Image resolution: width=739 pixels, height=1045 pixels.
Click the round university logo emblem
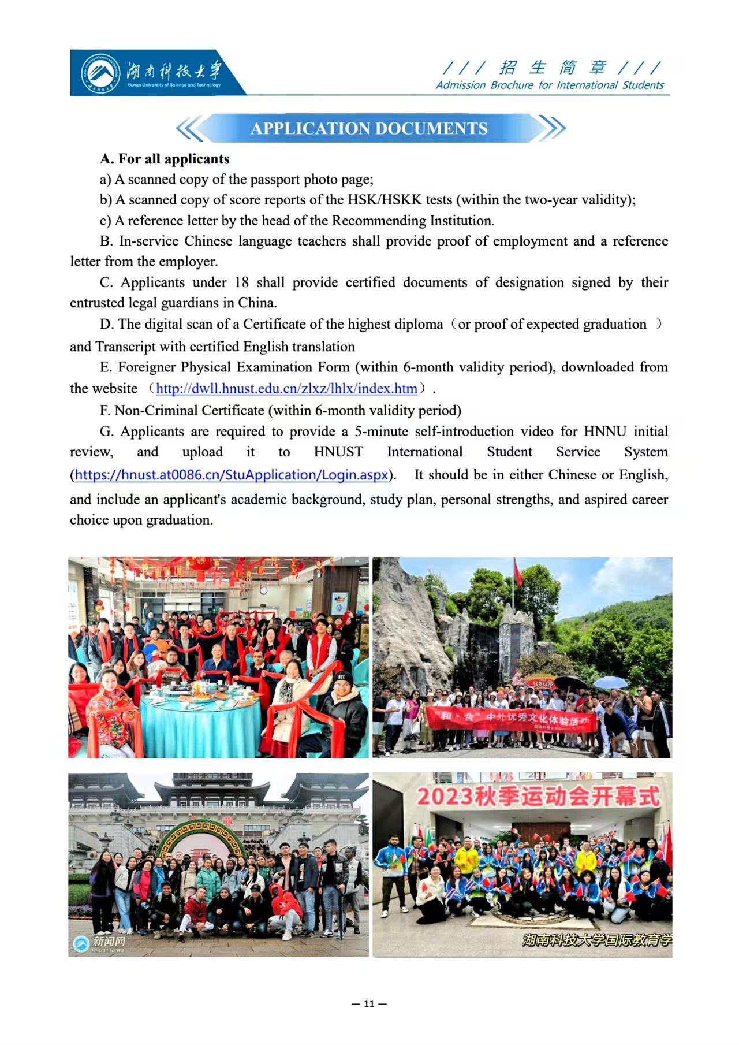pos(100,73)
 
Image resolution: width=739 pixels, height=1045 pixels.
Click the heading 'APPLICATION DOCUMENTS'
pos(369,128)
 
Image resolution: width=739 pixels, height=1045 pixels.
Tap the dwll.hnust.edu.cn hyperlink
pos(286,389)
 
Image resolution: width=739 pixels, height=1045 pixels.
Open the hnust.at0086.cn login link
pos(231,475)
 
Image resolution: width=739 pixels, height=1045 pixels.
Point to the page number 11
pos(369,1003)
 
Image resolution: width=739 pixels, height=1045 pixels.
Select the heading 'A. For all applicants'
pos(165,159)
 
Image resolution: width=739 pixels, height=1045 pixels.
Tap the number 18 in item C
pos(241,282)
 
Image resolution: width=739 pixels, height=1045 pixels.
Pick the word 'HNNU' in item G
pos(605,432)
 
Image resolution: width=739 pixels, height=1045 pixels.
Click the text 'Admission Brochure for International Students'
pos(550,85)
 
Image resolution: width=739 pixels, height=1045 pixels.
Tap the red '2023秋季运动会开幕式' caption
pos(538,797)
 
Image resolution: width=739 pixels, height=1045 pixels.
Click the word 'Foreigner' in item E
pos(146,367)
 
